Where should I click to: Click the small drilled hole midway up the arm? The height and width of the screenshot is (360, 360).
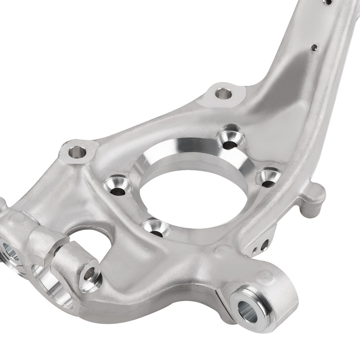tap(314, 47)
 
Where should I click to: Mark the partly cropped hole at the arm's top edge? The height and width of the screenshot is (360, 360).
tap(328, 2)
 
